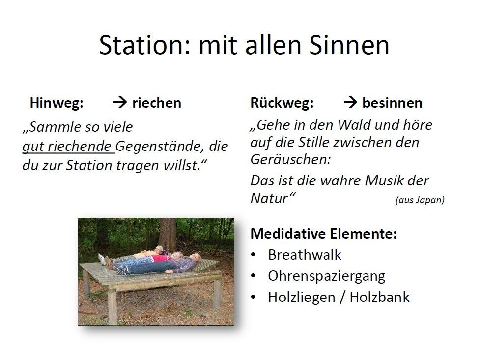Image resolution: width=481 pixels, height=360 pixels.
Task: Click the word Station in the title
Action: pyautogui.click(x=142, y=45)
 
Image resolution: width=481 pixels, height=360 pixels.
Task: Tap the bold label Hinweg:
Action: pyautogui.click(x=57, y=103)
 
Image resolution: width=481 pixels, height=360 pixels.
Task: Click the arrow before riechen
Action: pyautogui.click(x=120, y=102)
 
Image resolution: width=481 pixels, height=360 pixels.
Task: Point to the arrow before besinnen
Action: pyautogui.click(x=350, y=102)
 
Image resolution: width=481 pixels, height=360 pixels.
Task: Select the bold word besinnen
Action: pyautogui.click(x=393, y=103)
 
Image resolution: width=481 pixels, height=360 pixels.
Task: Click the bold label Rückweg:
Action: pyautogui.click(x=282, y=103)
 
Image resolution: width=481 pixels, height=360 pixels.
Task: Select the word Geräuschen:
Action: pyautogui.click(x=290, y=159)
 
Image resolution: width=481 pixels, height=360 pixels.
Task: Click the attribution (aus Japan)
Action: pyautogui.click(x=420, y=200)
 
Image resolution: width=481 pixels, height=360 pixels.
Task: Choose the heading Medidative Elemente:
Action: pyautogui.click(x=324, y=234)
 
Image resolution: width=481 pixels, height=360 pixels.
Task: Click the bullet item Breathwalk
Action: pyautogui.click(x=305, y=255)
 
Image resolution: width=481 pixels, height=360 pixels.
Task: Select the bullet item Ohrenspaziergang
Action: pyautogui.click(x=326, y=276)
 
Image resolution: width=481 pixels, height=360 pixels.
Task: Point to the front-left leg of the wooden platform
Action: pyautogui.click(x=113, y=305)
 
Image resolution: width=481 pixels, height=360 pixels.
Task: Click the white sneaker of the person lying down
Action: pyautogui.click(x=102, y=259)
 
